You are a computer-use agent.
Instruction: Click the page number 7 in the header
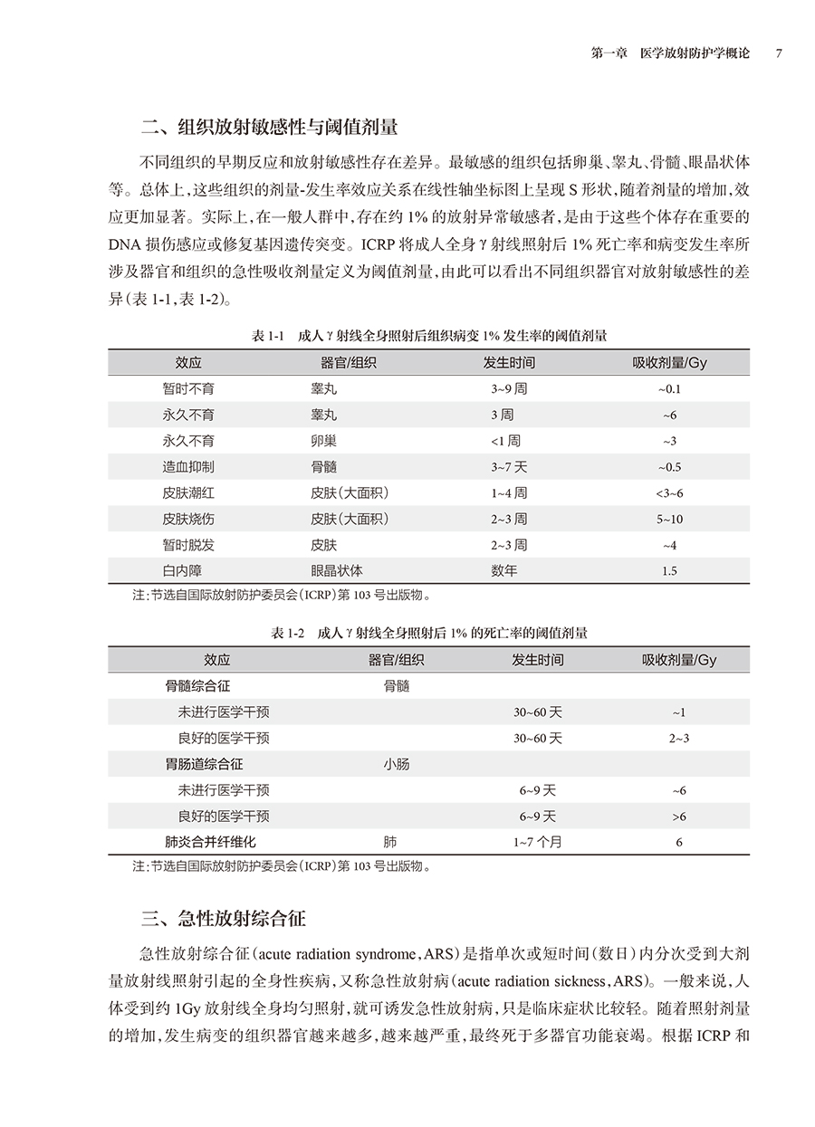click(779, 53)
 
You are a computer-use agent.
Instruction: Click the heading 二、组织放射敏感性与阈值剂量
click(270, 126)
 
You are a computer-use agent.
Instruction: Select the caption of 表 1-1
click(428, 336)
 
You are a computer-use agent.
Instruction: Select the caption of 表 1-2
click(428, 634)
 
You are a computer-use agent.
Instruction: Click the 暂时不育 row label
click(188, 388)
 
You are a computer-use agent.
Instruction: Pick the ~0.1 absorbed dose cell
click(669, 389)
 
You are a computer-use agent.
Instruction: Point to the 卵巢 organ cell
click(323, 441)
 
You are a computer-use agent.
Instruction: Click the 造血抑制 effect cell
click(188, 467)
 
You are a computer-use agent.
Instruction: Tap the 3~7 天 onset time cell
click(509, 467)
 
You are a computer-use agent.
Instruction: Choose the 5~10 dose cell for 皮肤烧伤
click(669, 520)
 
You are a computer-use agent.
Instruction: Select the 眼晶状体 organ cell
click(337, 571)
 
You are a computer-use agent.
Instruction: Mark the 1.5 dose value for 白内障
click(669, 571)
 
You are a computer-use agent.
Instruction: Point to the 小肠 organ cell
click(396, 764)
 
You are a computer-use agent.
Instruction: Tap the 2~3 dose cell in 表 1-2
click(679, 739)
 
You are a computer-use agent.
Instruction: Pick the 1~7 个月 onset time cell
click(537, 842)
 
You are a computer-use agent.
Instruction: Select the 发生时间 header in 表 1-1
click(509, 362)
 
